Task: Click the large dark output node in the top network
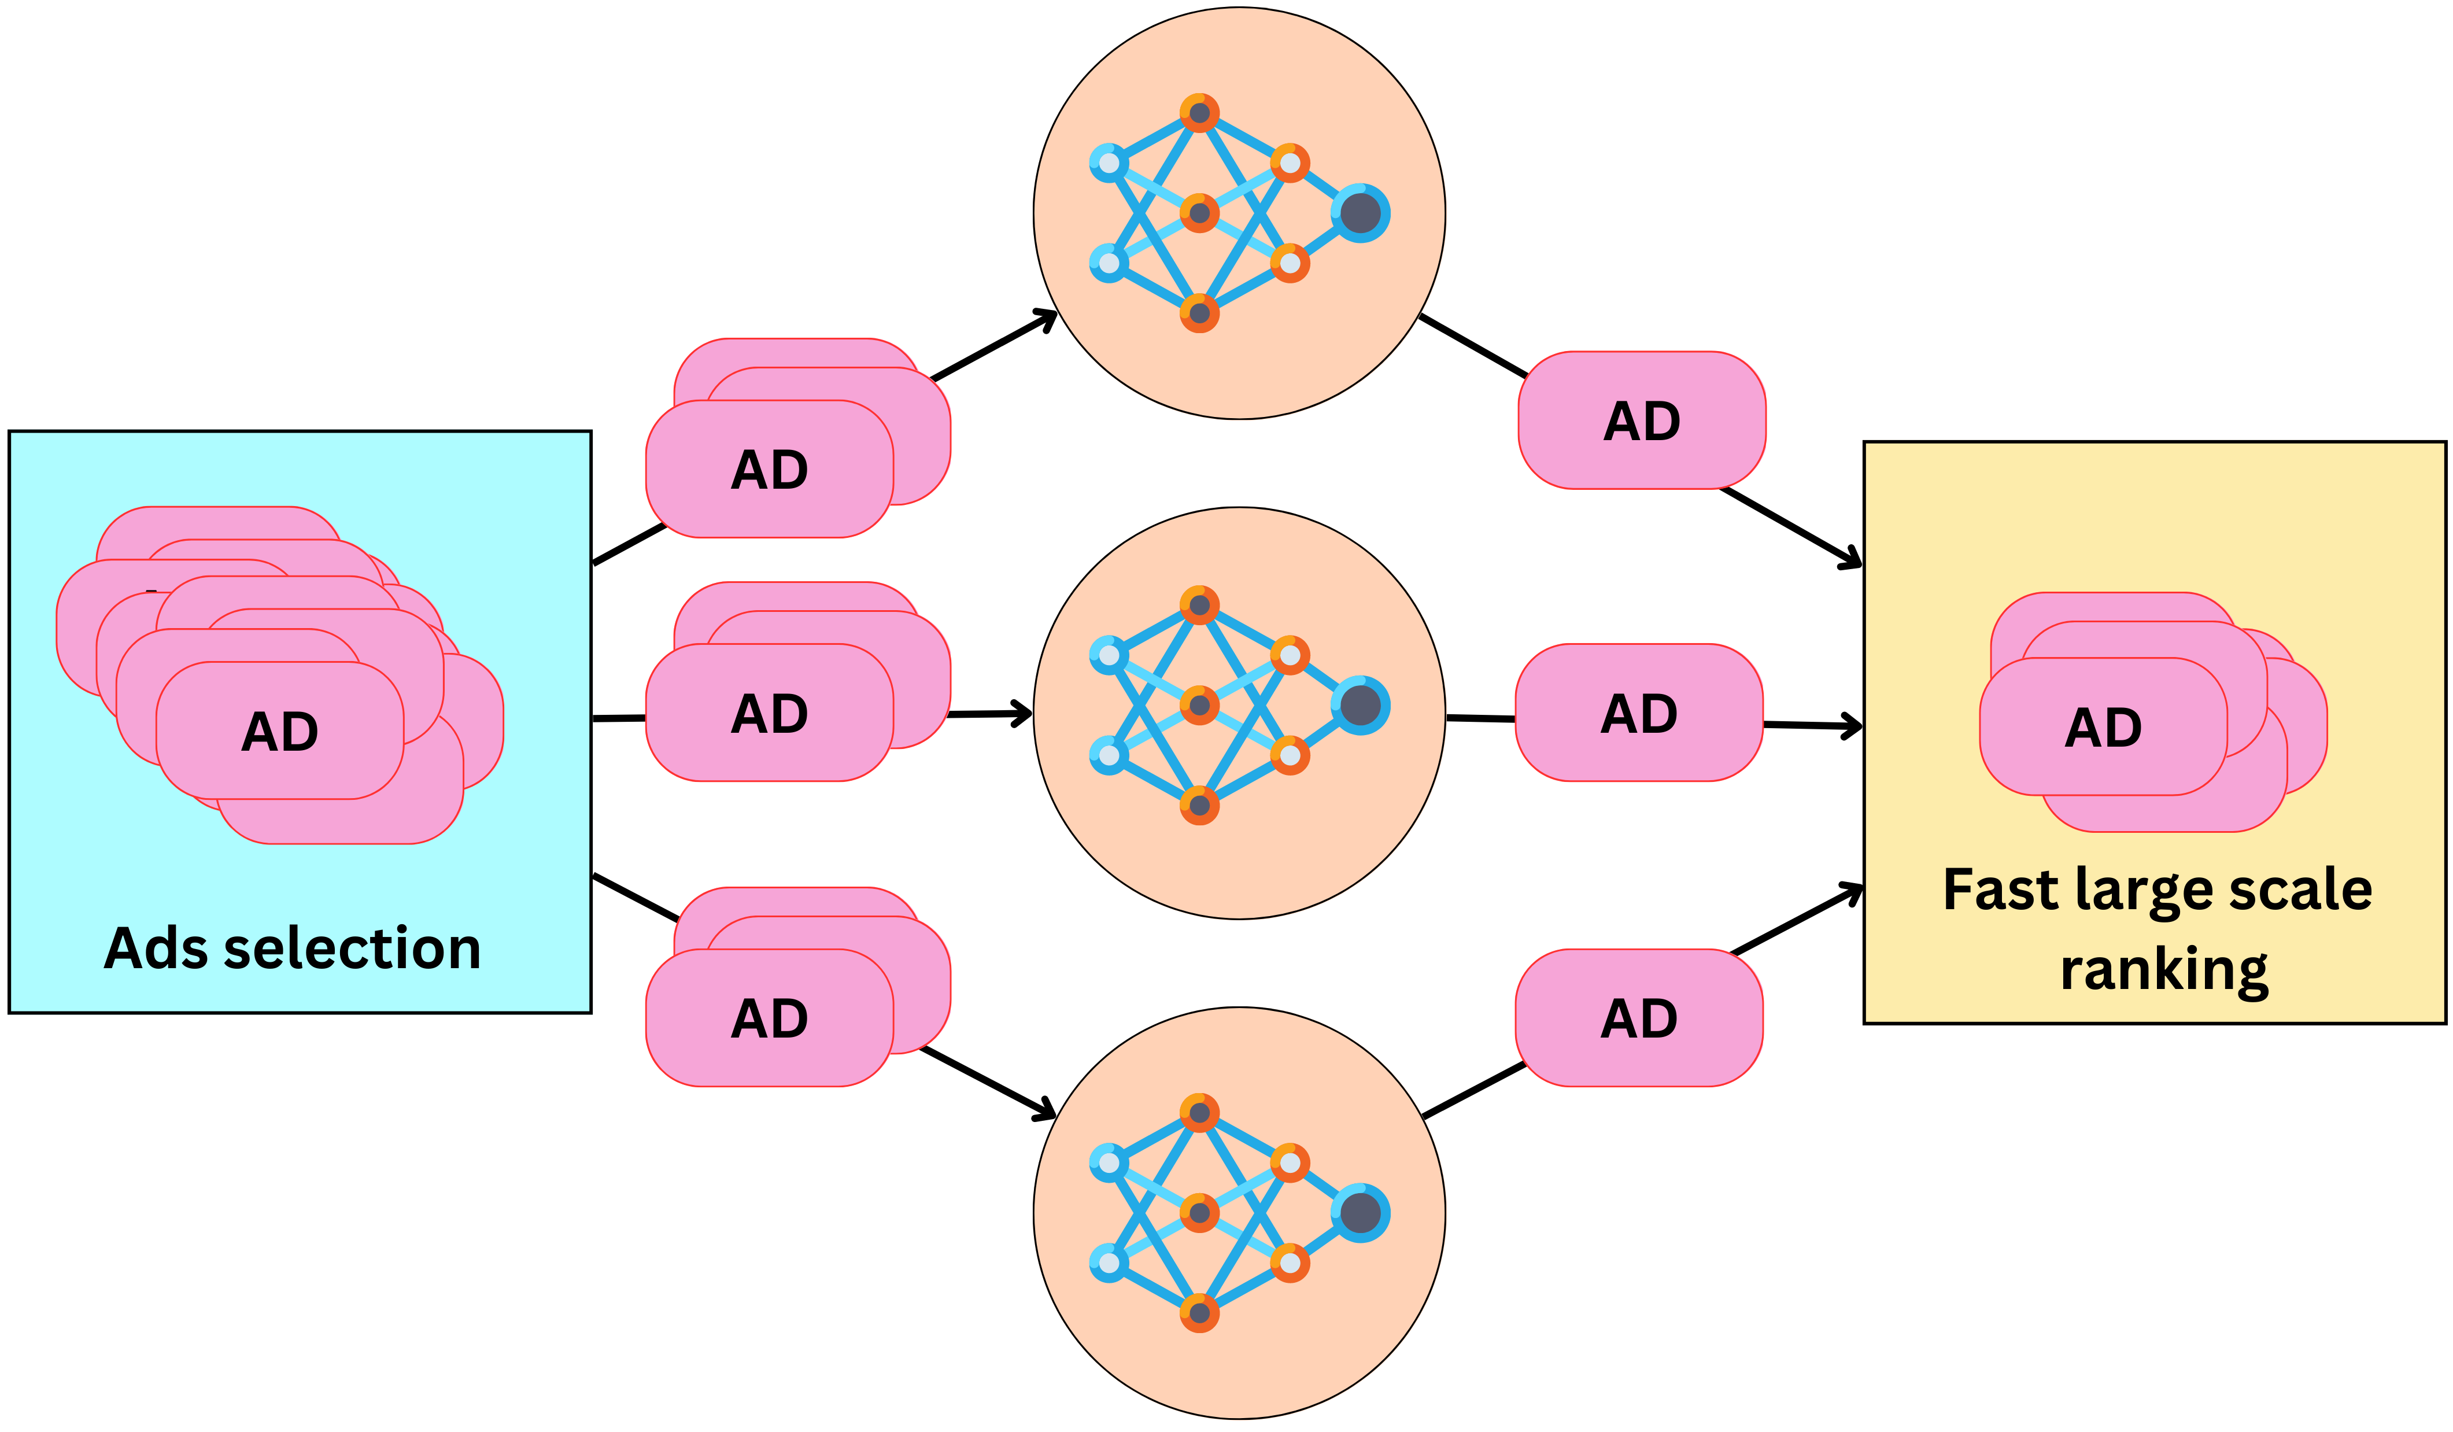1360,213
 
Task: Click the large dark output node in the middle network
1360,705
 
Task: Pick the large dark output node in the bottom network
1360,1213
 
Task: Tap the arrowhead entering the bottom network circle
1047,1111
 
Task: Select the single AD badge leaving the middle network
1639,713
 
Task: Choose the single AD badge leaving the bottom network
1639,1017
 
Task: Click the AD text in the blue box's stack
280,731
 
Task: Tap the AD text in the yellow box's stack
2104,727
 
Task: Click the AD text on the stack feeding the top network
769,469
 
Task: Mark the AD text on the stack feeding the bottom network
769,1017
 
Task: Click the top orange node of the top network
1199,113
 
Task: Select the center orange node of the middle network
1199,705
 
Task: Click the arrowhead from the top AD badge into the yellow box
1852,561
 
